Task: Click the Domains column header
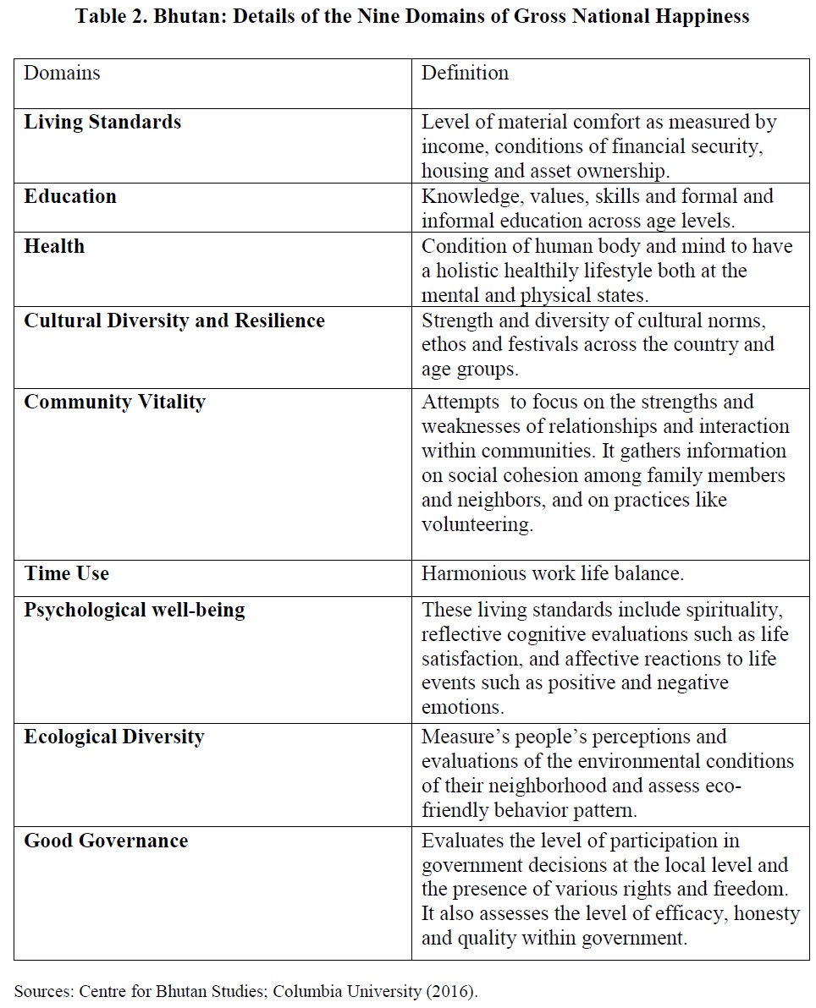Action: [62, 74]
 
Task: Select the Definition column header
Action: [465, 74]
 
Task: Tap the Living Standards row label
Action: [102, 123]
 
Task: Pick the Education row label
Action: [70, 197]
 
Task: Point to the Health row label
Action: [54, 247]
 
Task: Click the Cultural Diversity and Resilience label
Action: [174, 321]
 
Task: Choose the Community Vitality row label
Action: [114, 403]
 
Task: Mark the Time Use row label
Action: [67, 574]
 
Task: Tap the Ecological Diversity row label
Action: [114, 737]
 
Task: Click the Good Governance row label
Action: [106, 841]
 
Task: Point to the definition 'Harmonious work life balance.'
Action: [553, 574]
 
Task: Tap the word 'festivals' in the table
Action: [539, 345]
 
